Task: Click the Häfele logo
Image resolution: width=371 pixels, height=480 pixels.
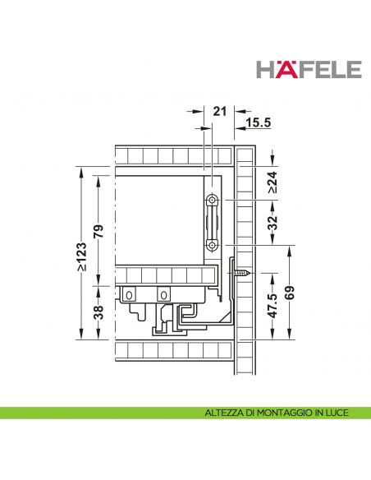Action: pos(309,70)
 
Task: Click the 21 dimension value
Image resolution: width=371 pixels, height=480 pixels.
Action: pos(220,112)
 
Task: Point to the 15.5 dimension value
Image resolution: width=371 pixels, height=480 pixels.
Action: pos(259,122)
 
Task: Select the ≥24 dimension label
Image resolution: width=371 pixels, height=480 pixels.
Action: pos(273,182)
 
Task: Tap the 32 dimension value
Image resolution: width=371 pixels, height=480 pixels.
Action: pos(273,223)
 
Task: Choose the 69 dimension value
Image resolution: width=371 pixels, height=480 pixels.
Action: pos(290,293)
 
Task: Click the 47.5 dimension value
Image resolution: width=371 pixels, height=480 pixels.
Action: pos(273,306)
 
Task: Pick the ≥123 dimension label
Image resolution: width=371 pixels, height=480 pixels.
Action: pos(81,256)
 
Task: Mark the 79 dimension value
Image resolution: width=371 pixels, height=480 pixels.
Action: pos(98,231)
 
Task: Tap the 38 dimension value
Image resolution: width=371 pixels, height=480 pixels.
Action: pos(98,312)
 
